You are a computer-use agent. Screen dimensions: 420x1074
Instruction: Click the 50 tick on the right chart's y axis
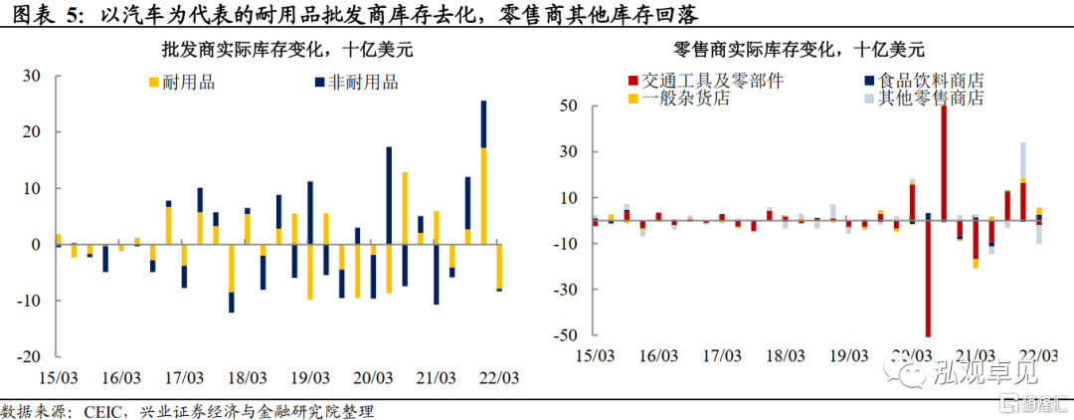pos(570,105)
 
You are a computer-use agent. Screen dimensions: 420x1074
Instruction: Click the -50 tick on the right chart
pos(567,334)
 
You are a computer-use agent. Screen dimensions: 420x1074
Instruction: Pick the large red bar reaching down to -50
pos(928,279)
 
